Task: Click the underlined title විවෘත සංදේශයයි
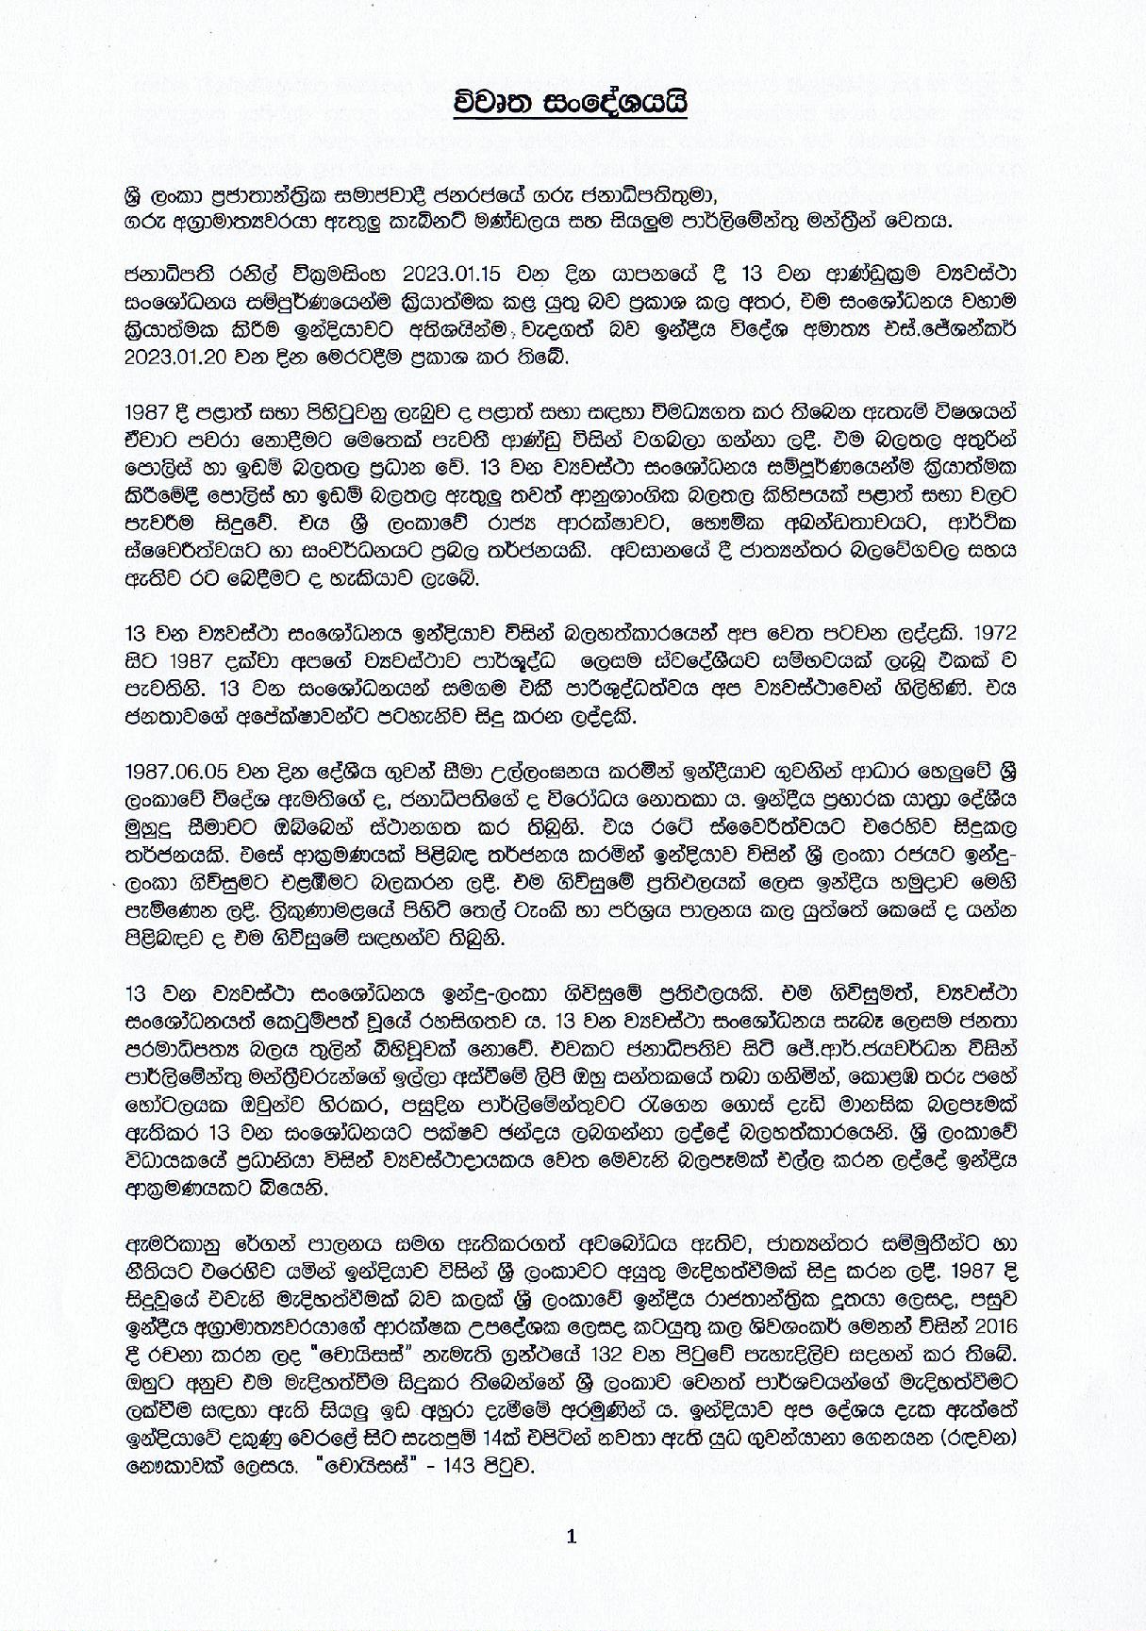coord(573,102)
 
